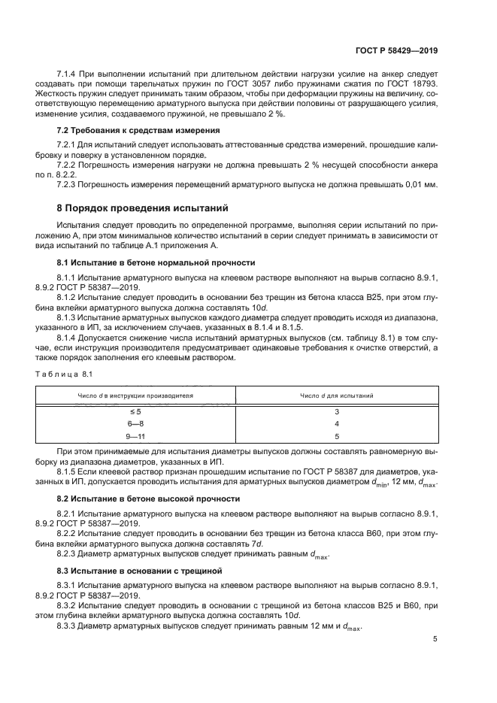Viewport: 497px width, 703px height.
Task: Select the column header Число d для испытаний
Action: [337, 395]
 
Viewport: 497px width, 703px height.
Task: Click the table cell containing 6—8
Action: [136, 423]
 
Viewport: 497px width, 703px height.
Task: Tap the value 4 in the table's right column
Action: [337, 423]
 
